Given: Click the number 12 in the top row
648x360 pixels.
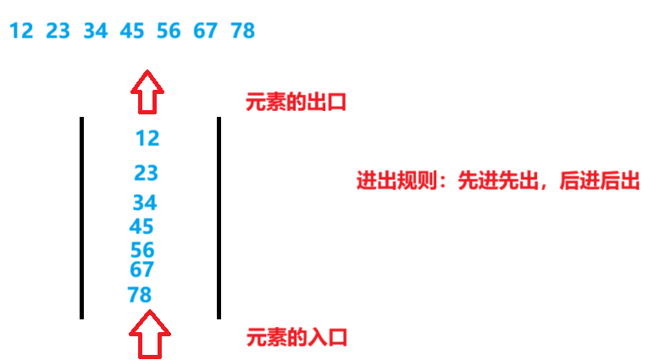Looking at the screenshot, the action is pos(21,31).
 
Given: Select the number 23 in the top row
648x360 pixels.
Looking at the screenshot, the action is pos(58,31).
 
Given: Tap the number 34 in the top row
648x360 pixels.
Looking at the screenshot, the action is pos(96,31).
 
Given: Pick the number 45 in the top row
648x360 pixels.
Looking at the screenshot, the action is pos(132,31).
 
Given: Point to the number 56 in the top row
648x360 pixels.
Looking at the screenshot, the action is pos(169,31).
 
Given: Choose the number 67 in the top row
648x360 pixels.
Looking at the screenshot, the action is pos(205,31).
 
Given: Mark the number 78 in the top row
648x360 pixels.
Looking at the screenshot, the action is pos(242,31).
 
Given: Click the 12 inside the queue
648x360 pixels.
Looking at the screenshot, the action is pos(147,138).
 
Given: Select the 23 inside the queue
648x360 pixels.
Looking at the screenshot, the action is pos(147,173).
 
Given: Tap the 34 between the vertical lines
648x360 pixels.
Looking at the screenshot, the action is pos(145,203).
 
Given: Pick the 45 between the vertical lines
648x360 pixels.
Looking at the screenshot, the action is pos(141,227).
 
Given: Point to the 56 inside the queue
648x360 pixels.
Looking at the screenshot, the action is pos(142,251).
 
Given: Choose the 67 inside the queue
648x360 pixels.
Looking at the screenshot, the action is pos(141,270).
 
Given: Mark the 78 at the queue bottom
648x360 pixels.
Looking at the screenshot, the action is pos(140,295).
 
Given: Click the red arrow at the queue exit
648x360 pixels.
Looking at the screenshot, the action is pos(147,91).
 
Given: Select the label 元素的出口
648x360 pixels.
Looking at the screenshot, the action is pos(296,102).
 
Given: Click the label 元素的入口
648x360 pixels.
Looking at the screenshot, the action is pos(296,337).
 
